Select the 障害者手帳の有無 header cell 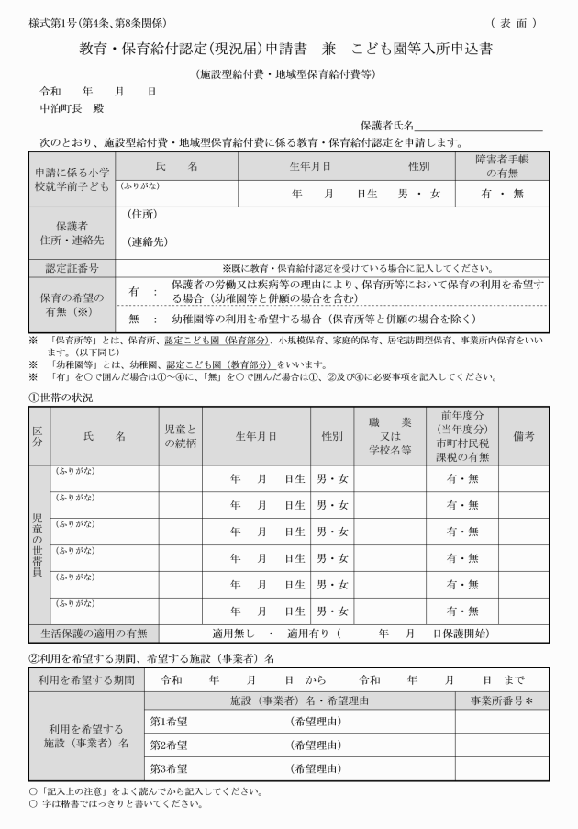coord(506,165)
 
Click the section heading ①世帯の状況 coord(61,397)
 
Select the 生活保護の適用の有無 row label coord(94,633)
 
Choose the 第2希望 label coord(169,745)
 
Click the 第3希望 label coord(169,768)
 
